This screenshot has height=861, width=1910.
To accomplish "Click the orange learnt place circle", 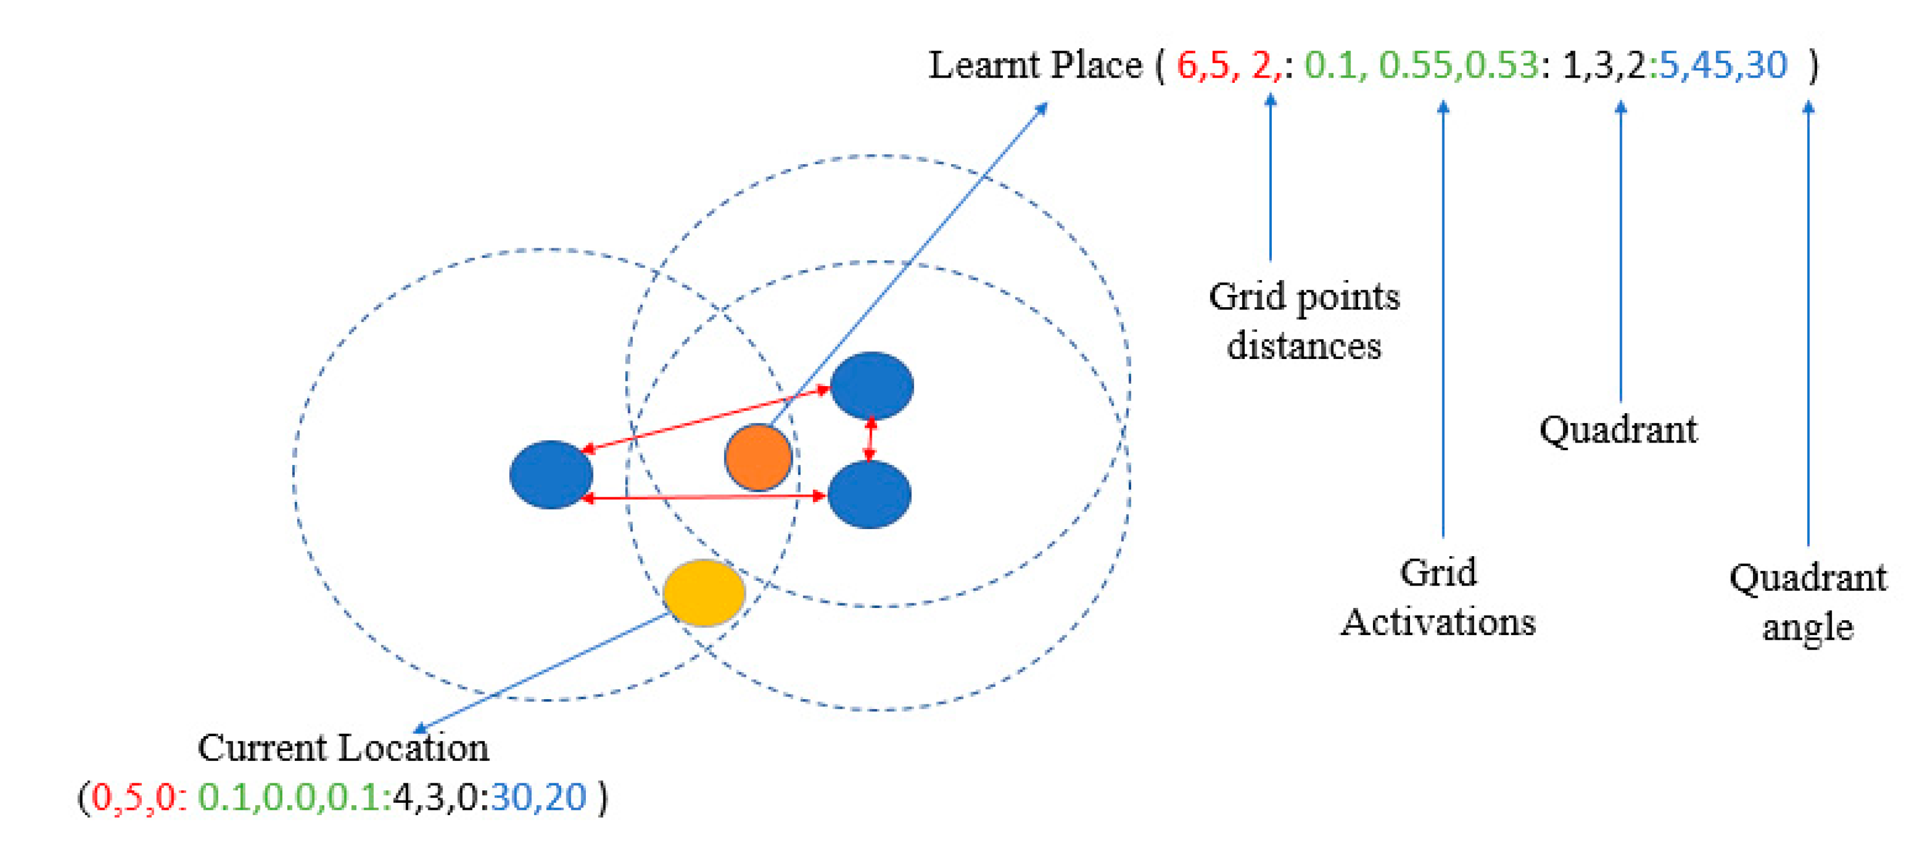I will [758, 457].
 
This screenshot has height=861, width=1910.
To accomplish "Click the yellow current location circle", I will [704, 593].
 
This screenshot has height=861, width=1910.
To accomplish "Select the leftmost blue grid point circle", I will [551, 474].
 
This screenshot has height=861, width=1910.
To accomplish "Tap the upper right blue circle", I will [871, 385].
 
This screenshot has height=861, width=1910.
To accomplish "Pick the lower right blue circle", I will [869, 495].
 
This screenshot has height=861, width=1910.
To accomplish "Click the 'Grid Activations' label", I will [1438, 597].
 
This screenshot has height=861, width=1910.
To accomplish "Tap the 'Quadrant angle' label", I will [1808, 602].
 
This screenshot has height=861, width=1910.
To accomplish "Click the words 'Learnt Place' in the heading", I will [1035, 65].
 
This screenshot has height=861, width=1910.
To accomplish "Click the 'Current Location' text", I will [344, 747].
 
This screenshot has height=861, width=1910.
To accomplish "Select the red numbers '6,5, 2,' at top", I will [1228, 65].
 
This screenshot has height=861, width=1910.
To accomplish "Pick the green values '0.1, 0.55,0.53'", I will [1421, 65].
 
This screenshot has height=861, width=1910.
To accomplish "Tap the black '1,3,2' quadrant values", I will [1604, 65].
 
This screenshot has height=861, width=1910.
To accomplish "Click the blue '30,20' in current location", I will [538, 797].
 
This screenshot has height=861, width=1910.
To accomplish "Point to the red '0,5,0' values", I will [134, 797].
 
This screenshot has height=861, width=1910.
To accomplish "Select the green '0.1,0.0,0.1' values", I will [294, 797].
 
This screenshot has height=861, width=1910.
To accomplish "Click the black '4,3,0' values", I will [438, 797].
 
